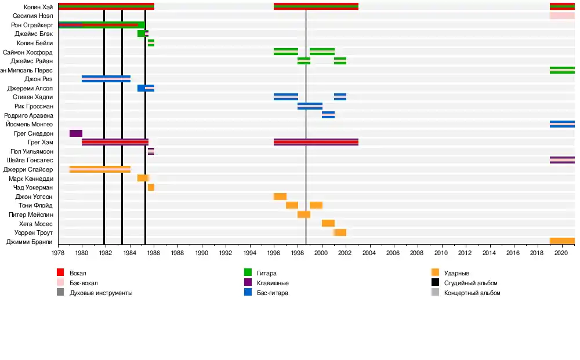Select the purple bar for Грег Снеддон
point(75,133)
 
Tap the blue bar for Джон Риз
point(106,79)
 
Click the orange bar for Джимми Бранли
point(562,242)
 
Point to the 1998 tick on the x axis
point(298,253)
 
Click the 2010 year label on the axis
point(441,253)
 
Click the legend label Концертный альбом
point(472,293)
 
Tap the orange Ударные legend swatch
point(436,273)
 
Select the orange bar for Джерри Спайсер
point(100,169)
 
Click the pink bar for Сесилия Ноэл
point(562,16)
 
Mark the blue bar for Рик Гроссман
point(310,106)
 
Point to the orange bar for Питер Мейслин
point(304,214)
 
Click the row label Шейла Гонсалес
point(30,160)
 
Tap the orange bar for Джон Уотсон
point(280,197)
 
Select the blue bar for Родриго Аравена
point(328,115)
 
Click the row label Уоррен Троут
point(33,232)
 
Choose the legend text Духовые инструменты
point(101,293)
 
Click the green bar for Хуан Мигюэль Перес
point(562,70)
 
